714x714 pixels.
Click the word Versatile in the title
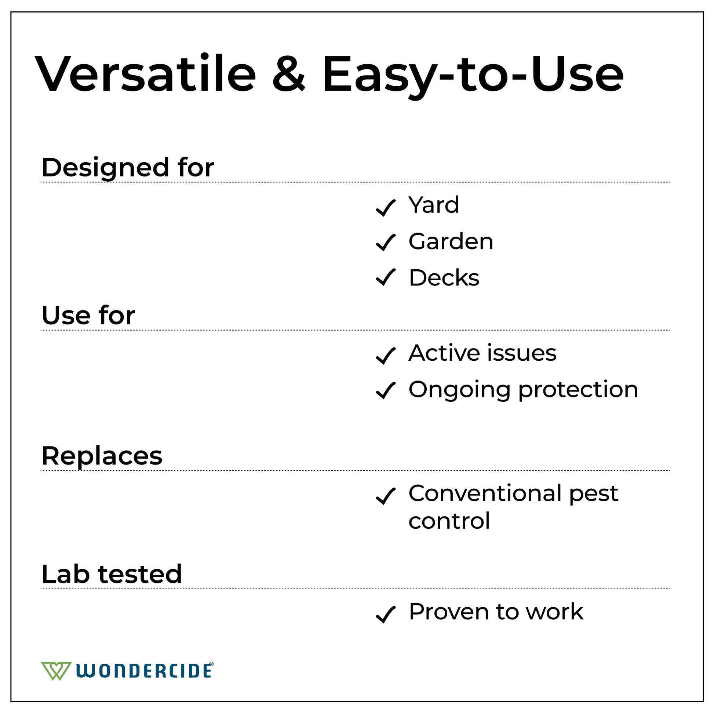point(146,73)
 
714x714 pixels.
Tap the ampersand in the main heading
point(289,73)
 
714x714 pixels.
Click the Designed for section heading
point(128,168)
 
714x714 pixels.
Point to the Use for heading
point(88,316)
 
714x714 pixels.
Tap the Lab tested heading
point(112,574)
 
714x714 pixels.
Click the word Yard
point(434,205)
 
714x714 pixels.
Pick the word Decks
point(444,277)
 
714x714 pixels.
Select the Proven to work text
point(496,612)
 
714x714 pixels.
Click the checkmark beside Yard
point(386,208)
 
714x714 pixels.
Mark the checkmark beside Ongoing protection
point(386,391)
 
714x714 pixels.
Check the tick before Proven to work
point(386,615)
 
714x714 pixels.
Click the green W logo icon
point(56,671)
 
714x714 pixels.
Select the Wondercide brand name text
point(145,670)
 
